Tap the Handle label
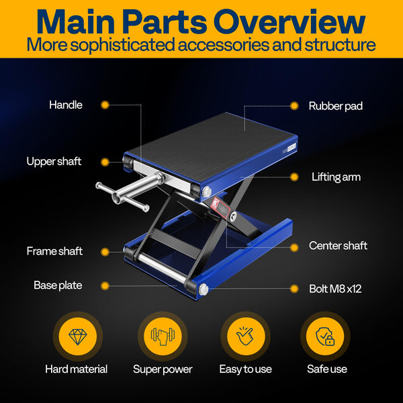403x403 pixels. pyautogui.click(x=66, y=105)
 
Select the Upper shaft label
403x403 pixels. pyautogui.click(x=54, y=161)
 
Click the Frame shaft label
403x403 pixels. pyautogui.click(x=54, y=251)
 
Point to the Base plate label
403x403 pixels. pyautogui.click(x=58, y=285)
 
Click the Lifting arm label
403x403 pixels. pyautogui.click(x=336, y=177)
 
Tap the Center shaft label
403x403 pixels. pyautogui.click(x=338, y=246)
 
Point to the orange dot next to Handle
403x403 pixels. pyautogui.click(x=105, y=105)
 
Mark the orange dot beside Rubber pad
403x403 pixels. pyautogui.click(x=294, y=105)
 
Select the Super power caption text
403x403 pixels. pyautogui.click(x=163, y=369)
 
